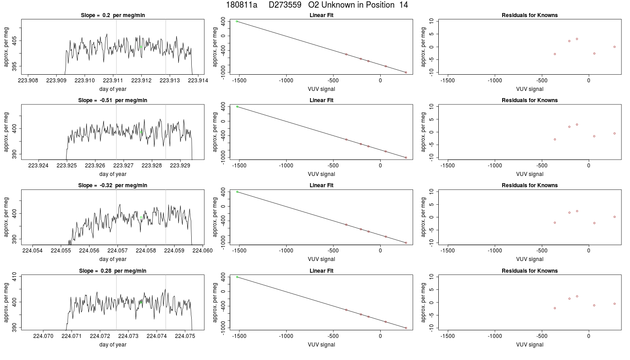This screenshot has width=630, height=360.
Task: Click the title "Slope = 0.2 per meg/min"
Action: click(113, 15)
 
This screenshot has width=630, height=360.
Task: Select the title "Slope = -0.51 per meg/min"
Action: click(113, 100)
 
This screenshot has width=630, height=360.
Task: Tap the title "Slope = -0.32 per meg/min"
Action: click(113, 185)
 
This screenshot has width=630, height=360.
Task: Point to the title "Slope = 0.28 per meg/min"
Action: click(113, 271)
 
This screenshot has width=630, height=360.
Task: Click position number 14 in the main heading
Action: click(404, 5)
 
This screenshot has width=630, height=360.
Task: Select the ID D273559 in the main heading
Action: click(285, 5)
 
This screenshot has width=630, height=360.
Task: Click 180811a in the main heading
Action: click(242, 5)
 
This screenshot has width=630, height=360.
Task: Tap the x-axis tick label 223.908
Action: click(28, 81)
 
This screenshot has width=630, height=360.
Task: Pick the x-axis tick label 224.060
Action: click(202, 251)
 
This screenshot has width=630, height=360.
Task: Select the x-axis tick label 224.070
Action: click(43, 336)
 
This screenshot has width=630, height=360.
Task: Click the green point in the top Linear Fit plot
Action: click(237, 22)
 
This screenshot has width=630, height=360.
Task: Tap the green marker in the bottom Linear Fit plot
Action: click(237, 277)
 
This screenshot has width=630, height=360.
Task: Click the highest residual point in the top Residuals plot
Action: click(577, 39)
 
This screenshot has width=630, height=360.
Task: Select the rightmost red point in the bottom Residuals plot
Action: click(615, 304)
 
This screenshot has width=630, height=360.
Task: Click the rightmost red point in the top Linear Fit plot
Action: click(406, 72)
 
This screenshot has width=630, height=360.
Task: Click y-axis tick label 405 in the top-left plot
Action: click(6, 41)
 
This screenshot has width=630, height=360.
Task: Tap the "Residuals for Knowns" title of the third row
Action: click(530, 185)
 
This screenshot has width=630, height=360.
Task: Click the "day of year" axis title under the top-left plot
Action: click(113, 89)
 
